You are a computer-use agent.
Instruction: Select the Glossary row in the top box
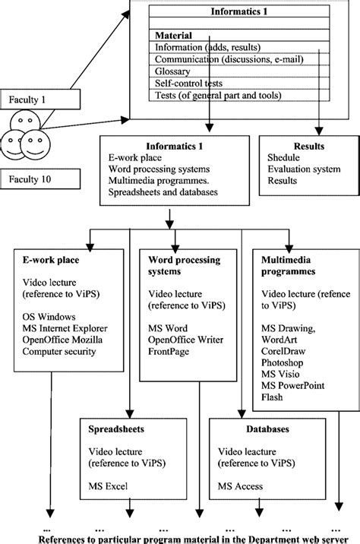(x=173, y=71)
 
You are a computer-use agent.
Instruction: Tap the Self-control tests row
(x=194, y=83)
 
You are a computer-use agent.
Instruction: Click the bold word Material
(x=174, y=35)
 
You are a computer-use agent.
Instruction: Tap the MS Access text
(x=242, y=486)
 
